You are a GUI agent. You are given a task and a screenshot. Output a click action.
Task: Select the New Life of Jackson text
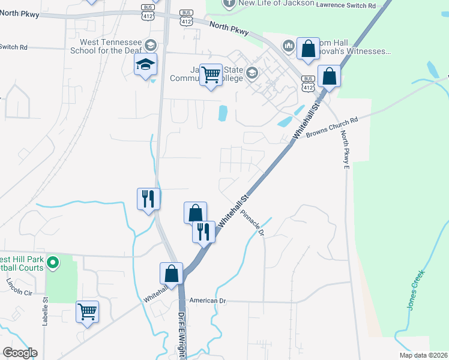[276, 3]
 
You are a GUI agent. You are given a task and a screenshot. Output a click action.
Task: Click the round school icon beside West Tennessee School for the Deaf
[150, 44]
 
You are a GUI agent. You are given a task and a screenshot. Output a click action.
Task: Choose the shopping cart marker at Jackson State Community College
[211, 75]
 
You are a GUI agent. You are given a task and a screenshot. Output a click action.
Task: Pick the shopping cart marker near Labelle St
[88, 311]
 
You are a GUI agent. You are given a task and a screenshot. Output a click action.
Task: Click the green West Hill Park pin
[53, 262]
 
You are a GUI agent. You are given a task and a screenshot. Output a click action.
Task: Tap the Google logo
[20, 353]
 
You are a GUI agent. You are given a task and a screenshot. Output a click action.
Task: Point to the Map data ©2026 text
[423, 355]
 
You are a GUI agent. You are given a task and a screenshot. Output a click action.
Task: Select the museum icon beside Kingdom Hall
[289, 45]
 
